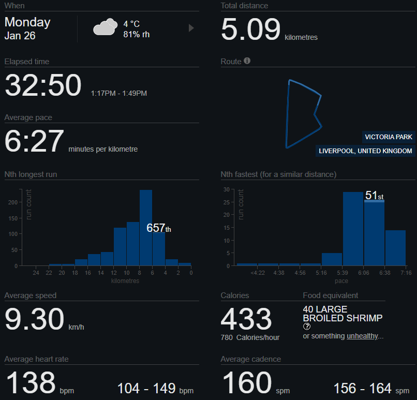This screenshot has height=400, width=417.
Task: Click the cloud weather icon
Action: tap(104, 27)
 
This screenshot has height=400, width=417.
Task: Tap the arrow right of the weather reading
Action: tap(191, 28)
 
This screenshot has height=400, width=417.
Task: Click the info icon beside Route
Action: tap(247, 61)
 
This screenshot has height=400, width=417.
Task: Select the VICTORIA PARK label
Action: tap(389, 137)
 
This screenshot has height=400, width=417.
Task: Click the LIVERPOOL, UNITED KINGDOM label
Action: tap(365, 151)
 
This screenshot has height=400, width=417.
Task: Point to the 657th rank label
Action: tap(158, 228)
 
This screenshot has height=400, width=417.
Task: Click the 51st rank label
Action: tap(374, 196)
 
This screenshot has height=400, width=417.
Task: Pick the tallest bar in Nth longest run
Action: tap(146, 228)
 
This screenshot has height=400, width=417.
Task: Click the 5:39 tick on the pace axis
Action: tap(342, 273)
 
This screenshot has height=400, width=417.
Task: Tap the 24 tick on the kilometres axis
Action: tap(36, 273)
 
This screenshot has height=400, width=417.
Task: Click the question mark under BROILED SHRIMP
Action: tap(306, 327)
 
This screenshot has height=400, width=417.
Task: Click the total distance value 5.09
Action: tap(250, 29)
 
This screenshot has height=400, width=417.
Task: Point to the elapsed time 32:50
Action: tap(43, 85)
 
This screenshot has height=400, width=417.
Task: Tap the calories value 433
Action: tap(246, 319)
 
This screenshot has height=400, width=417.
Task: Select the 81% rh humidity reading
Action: tap(137, 34)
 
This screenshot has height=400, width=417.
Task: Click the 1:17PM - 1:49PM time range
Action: tap(118, 93)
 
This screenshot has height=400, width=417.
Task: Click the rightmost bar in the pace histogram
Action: tap(395, 248)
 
